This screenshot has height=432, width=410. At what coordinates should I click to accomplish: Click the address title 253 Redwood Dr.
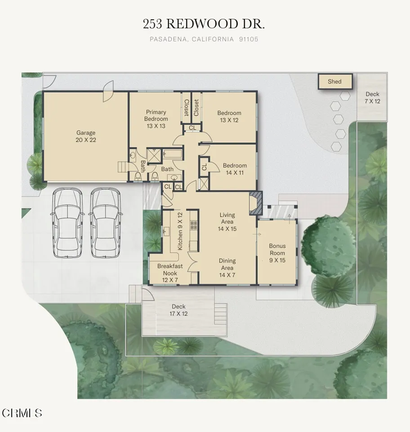pyautogui.click(x=204, y=24)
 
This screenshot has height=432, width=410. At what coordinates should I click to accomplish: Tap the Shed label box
pyautogui.click(x=335, y=82)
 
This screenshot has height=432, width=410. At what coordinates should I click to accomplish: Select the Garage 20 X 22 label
pyautogui.click(x=85, y=136)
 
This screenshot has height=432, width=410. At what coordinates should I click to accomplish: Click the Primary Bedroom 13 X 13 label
pyautogui.click(x=156, y=119)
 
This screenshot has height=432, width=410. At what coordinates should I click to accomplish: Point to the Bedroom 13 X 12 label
pyautogui.click(x=229, y=116)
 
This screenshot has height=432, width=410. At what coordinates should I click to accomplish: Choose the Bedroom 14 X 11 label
pyautogui.click(x=235, y=169)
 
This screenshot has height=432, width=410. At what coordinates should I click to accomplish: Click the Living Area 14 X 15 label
pyautogui.click(x=227, y=222)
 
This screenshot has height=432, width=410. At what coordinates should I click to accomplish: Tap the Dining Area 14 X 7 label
pyautogui.click(x=227, y=268)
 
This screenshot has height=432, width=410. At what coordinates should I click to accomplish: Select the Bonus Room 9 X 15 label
pyautogui.click(x=277, y=253)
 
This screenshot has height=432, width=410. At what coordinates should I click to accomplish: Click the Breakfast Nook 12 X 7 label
pyautogui.click(x=170, y=273)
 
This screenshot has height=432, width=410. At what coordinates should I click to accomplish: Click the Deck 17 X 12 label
pyautogui.click(x=178, y=310)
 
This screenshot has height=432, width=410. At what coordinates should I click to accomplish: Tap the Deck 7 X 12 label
pyautogui.click(x=372, y=97)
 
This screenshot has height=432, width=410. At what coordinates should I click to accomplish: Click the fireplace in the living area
pyautogui.click(x=255, y=203)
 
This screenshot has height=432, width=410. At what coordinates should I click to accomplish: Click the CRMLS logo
pyautogui.click(x=22, y=413)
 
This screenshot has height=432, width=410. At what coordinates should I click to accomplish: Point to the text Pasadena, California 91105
pyautogui.click(x=204, y=40)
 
